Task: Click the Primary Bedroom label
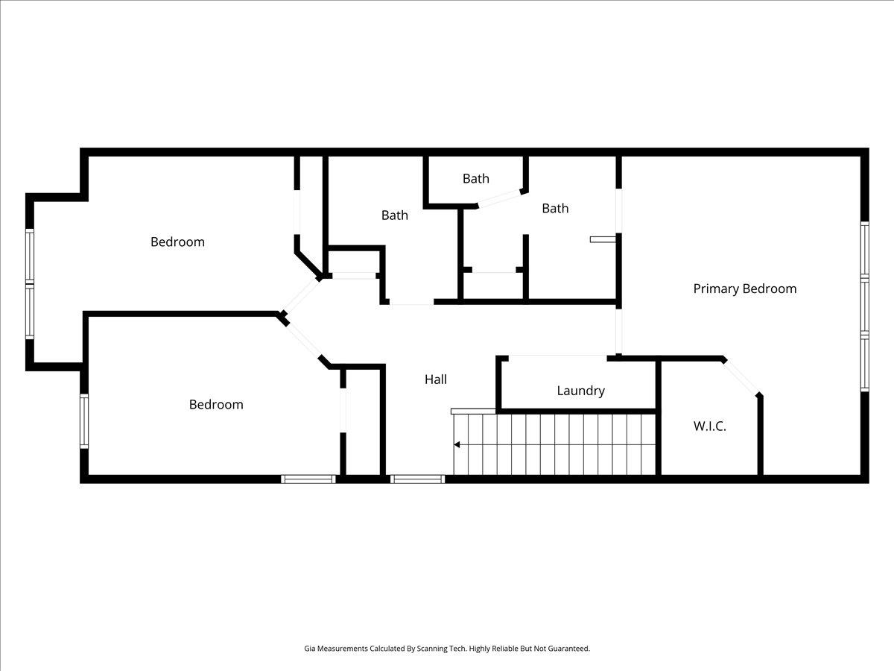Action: tap(744, 289)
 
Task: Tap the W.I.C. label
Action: tap(709, 426)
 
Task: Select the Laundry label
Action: tap(580, 391)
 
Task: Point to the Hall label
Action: tap(436, 379)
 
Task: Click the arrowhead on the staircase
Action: tap(457, 445)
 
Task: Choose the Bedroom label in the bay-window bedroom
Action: tap(177, 242)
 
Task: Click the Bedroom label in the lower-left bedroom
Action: tap(216, 404)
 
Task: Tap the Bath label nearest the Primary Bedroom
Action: tap(555, 208)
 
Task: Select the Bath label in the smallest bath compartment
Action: tap(476, 178)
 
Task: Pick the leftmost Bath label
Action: tap(395, 215)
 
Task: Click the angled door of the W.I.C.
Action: tap(741, 377)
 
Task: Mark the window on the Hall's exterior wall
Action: tap(417, 479)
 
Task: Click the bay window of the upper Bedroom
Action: tap(30, 283)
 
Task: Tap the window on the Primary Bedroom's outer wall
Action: tap(864, 306)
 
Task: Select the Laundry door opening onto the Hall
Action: tap(557, 358)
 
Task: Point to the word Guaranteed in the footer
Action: tap(567, 649)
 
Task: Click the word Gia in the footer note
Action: tap(310, 649)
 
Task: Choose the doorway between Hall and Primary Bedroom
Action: tap(618, 330)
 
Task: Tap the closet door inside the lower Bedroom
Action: tap(343, 410)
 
